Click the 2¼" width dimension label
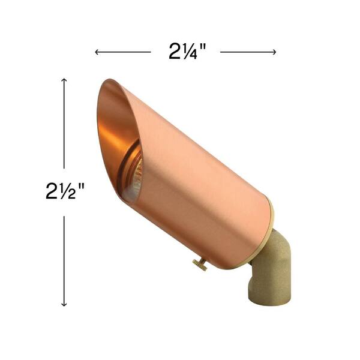[187, 52]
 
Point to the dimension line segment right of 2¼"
[246, 52]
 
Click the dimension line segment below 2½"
[64, 258]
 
